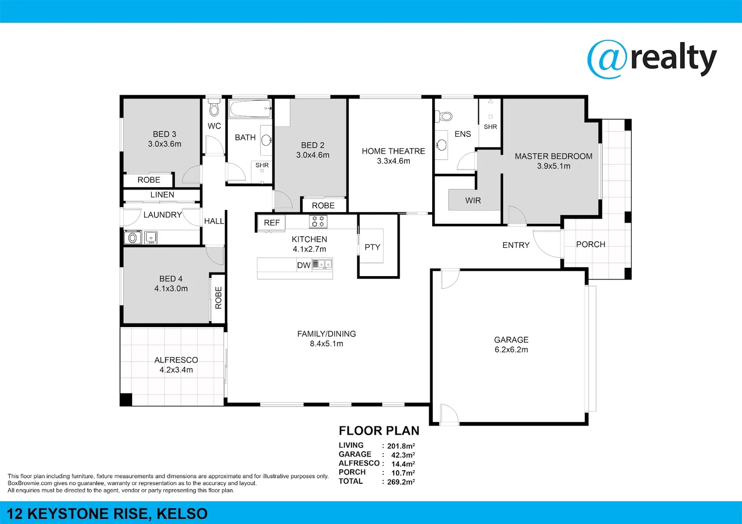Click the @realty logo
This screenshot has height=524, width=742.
click(652, 59)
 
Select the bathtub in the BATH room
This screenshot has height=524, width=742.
click(250, 109)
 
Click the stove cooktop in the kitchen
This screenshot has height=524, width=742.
click(318, 222)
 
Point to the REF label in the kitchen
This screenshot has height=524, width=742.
click(271, 223)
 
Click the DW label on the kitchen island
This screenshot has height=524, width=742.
click(304, 265)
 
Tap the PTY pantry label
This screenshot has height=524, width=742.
click(372, 247)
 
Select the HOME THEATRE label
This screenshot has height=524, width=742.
click(393, 151)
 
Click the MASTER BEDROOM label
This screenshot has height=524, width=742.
click(554, 156)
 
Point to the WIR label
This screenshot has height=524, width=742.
click(473, 200)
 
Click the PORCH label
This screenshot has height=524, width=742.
click(590, 245)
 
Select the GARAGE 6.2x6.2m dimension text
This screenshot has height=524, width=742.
click(511, 350)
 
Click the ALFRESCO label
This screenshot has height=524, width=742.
click(176, 360)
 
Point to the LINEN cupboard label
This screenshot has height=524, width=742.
click(162, 195)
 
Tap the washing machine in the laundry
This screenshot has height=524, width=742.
click(132, 238)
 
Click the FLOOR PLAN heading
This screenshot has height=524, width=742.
click(379, 431)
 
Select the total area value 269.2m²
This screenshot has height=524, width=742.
click(401, 482)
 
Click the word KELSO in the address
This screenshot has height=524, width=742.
click(182, 514)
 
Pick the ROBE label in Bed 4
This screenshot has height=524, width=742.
click(219, 298)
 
